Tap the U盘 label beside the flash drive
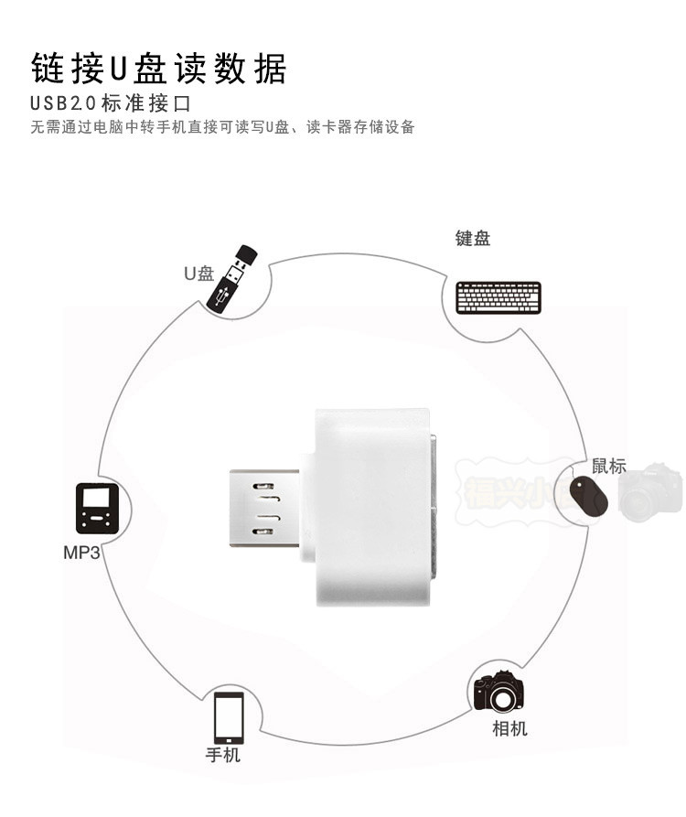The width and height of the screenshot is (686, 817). pyautogui.click(x=198, y=273)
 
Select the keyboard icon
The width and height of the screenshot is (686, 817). pyautogui.click(x=498, y=297)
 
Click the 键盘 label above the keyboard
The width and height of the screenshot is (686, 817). pyautogui.click(x=473, y=239)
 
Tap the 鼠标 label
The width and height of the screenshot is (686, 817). pyautogui.click(x=609, y=466)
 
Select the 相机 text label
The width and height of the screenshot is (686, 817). pyautogui.click(x=509, y=728)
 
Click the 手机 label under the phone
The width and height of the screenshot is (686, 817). pyautogui.click(x=222, y=755)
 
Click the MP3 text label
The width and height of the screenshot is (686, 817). pyautogui.click(x=80, y=553)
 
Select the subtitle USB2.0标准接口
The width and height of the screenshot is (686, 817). pyautogui.click(x=114, y=102)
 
